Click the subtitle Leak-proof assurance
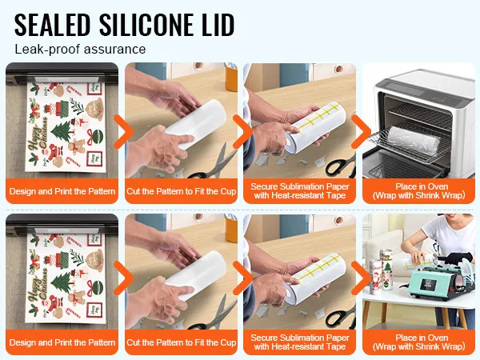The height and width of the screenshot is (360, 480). pyautogui.click(x=80, y=50)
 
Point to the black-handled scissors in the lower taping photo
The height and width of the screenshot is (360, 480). pyautogui.click(x=340, y=315)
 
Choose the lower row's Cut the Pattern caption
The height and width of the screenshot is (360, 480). pyautogui.click(x=181, y=342)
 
